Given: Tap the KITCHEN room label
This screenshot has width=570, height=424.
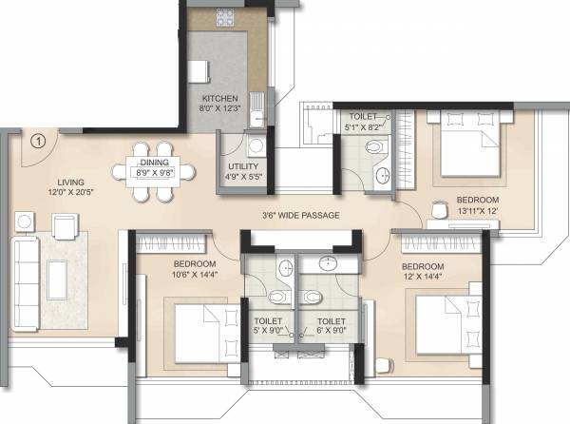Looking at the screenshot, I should pos(219,99).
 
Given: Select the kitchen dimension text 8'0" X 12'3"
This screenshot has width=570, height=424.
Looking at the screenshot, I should pos(219,110).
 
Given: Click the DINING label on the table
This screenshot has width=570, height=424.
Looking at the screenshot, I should pos(154,163).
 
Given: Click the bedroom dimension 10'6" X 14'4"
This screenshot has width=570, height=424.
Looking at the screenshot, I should pos(195,275).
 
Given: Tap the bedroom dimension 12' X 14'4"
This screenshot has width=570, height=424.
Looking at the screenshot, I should pos(423,278).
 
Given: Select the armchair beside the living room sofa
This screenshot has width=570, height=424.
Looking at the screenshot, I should pos(66,226).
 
